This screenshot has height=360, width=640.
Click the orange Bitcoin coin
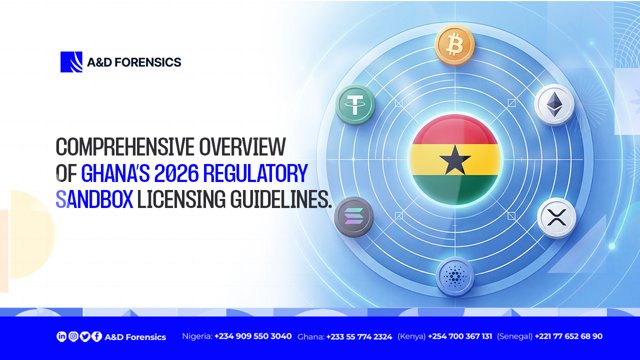point(454,45)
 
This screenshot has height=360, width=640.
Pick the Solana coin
point(354,217)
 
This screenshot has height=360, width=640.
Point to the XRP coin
point(556,218)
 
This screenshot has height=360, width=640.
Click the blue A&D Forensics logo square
point(71,62)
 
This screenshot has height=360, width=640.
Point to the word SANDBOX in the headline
point(94,199)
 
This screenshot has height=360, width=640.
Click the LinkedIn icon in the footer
point(61,336)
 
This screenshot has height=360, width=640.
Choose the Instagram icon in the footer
point(73,336)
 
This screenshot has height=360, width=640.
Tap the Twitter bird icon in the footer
point(85,336)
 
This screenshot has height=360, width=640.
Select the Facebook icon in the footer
point(96,336)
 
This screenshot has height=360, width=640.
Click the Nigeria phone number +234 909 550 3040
point(253,336)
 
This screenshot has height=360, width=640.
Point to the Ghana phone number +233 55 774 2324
point(359,336)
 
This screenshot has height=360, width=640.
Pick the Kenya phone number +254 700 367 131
point(460,336)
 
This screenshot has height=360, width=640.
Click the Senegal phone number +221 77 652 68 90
point(568,336)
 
